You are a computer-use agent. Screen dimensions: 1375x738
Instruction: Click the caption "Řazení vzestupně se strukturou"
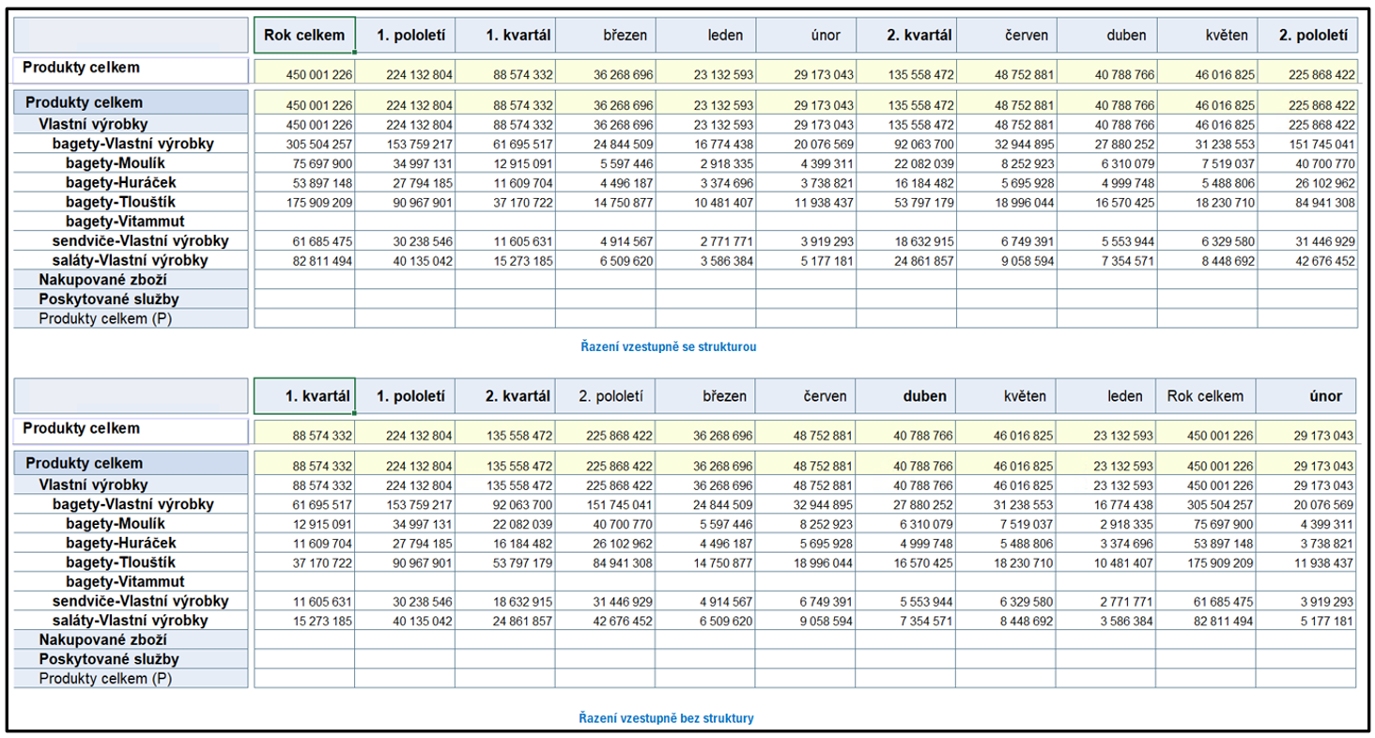tap(669, 346)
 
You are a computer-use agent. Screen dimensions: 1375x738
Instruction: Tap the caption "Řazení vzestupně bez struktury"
tap(666, 717)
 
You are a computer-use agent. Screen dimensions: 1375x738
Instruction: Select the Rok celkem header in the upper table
tap(304, 35)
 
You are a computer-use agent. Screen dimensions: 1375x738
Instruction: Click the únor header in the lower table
tap(1325, 396)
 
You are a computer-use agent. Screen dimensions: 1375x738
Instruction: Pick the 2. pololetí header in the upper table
tap(1313, 35)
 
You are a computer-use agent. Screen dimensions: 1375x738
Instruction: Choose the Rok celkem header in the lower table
tap(1205, 396)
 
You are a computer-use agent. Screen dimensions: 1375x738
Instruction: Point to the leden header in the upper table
tap(725, 35)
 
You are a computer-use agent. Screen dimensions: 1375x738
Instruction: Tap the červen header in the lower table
tap(825, 396)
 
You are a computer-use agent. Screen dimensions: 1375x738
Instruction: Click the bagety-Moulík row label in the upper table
tap(116, 163)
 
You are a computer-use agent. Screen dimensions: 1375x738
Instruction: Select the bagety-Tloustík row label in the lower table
tap(120, 562)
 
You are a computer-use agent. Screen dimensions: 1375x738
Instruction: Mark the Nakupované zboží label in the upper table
tap(102, 280)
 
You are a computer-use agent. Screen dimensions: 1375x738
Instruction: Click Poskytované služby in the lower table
tap(109, 659)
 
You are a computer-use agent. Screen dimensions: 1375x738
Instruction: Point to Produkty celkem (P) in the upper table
tap(105, 319)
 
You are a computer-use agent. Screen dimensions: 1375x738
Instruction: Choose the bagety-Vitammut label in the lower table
tap(125, 581)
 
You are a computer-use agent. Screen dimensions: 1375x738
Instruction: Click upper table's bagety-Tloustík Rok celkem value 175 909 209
tap(319, 203)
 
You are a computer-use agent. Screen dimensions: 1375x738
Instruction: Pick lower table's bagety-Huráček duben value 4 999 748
tap(926, 544)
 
